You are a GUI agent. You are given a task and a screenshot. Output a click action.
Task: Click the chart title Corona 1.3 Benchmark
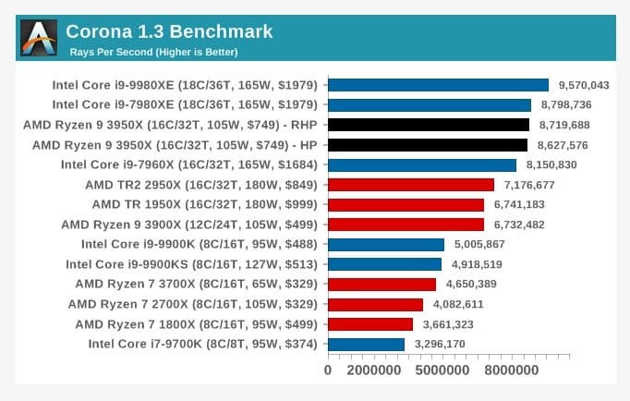169,31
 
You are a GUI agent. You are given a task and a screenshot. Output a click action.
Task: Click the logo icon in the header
38,38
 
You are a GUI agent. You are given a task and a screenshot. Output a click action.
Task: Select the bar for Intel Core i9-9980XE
438,85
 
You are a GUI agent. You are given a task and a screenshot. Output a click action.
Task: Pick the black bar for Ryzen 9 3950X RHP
429,125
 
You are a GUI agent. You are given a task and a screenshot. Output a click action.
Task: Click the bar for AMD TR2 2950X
411,185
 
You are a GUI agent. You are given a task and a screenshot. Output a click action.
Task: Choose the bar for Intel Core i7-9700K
366,345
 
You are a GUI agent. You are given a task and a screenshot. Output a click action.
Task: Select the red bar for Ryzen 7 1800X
370,324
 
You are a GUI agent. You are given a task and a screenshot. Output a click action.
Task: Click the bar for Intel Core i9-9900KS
384,264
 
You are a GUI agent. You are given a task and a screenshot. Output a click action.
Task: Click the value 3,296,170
439,345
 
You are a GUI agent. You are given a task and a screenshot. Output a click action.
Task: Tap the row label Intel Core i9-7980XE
184,104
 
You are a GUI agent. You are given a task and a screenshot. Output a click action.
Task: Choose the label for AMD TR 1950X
204,204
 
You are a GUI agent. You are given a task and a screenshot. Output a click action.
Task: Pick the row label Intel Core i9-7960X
188,164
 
